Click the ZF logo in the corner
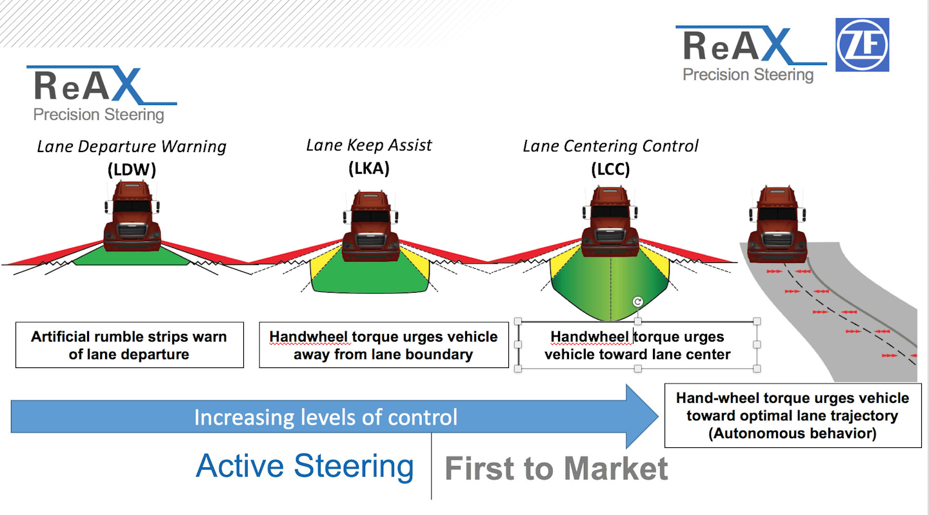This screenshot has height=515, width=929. coord(862,44)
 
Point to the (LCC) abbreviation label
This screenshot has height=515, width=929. coord(610,169)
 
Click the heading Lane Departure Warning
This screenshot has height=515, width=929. coord(132,147)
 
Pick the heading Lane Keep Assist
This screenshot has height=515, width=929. coord(368,145)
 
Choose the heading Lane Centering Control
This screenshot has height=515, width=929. coord(610,146)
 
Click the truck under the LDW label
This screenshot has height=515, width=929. coord(132,219)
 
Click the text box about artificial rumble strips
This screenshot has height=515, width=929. coord(129,345)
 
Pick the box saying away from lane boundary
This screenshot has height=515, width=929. coord(383,345)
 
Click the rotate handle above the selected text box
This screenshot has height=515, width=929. coord(637,302)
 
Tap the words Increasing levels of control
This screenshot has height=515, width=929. coord(325,417)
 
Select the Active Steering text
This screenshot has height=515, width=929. coord(305,466)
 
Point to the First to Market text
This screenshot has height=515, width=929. coord(556,469)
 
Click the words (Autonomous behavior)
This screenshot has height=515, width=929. coord(792,433)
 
